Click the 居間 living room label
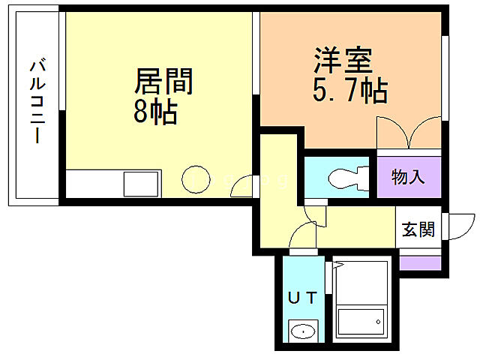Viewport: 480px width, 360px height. (x=163, y=82)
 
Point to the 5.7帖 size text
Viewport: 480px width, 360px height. (x=349, y=90)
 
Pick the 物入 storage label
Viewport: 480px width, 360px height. (x=408, y=178)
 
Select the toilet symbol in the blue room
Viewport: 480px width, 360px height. (x=346, y=178)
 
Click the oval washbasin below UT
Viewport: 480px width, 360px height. (x=303, y=331)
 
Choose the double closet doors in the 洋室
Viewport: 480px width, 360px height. (x=409, y=133)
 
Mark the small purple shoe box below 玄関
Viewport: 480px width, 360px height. (x=419, y=262)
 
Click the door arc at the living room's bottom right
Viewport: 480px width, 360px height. (x=243, y=184)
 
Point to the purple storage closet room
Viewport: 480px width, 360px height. (x=408, y=178)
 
